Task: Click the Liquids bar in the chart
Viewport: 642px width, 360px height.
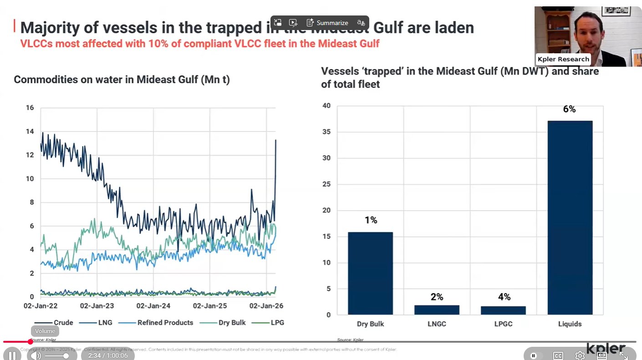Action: tap(570, 218)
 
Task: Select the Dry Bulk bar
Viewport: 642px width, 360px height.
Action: tap(370, 273)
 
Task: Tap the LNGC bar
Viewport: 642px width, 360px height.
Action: tap(437, 309)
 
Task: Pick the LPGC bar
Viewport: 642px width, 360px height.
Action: tap(503, 310)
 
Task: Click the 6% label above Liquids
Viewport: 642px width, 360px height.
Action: tap(569, 109)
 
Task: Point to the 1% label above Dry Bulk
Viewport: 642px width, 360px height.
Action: tap(371, 220)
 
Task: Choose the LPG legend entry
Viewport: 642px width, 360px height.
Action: tap(277, 323)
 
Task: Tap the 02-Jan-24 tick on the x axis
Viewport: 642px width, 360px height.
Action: tap(153, 306)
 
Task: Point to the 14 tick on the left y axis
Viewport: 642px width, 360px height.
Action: tap(30, 132)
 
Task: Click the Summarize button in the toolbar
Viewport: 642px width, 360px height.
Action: tap(327, 23)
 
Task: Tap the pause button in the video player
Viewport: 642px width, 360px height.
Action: tap(12, 355)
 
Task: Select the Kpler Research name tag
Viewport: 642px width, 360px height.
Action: tap(563, 59)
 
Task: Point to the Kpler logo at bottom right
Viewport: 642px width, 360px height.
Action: tap(606, 349)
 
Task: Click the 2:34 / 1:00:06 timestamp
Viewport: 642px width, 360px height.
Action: tap(108, 355)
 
